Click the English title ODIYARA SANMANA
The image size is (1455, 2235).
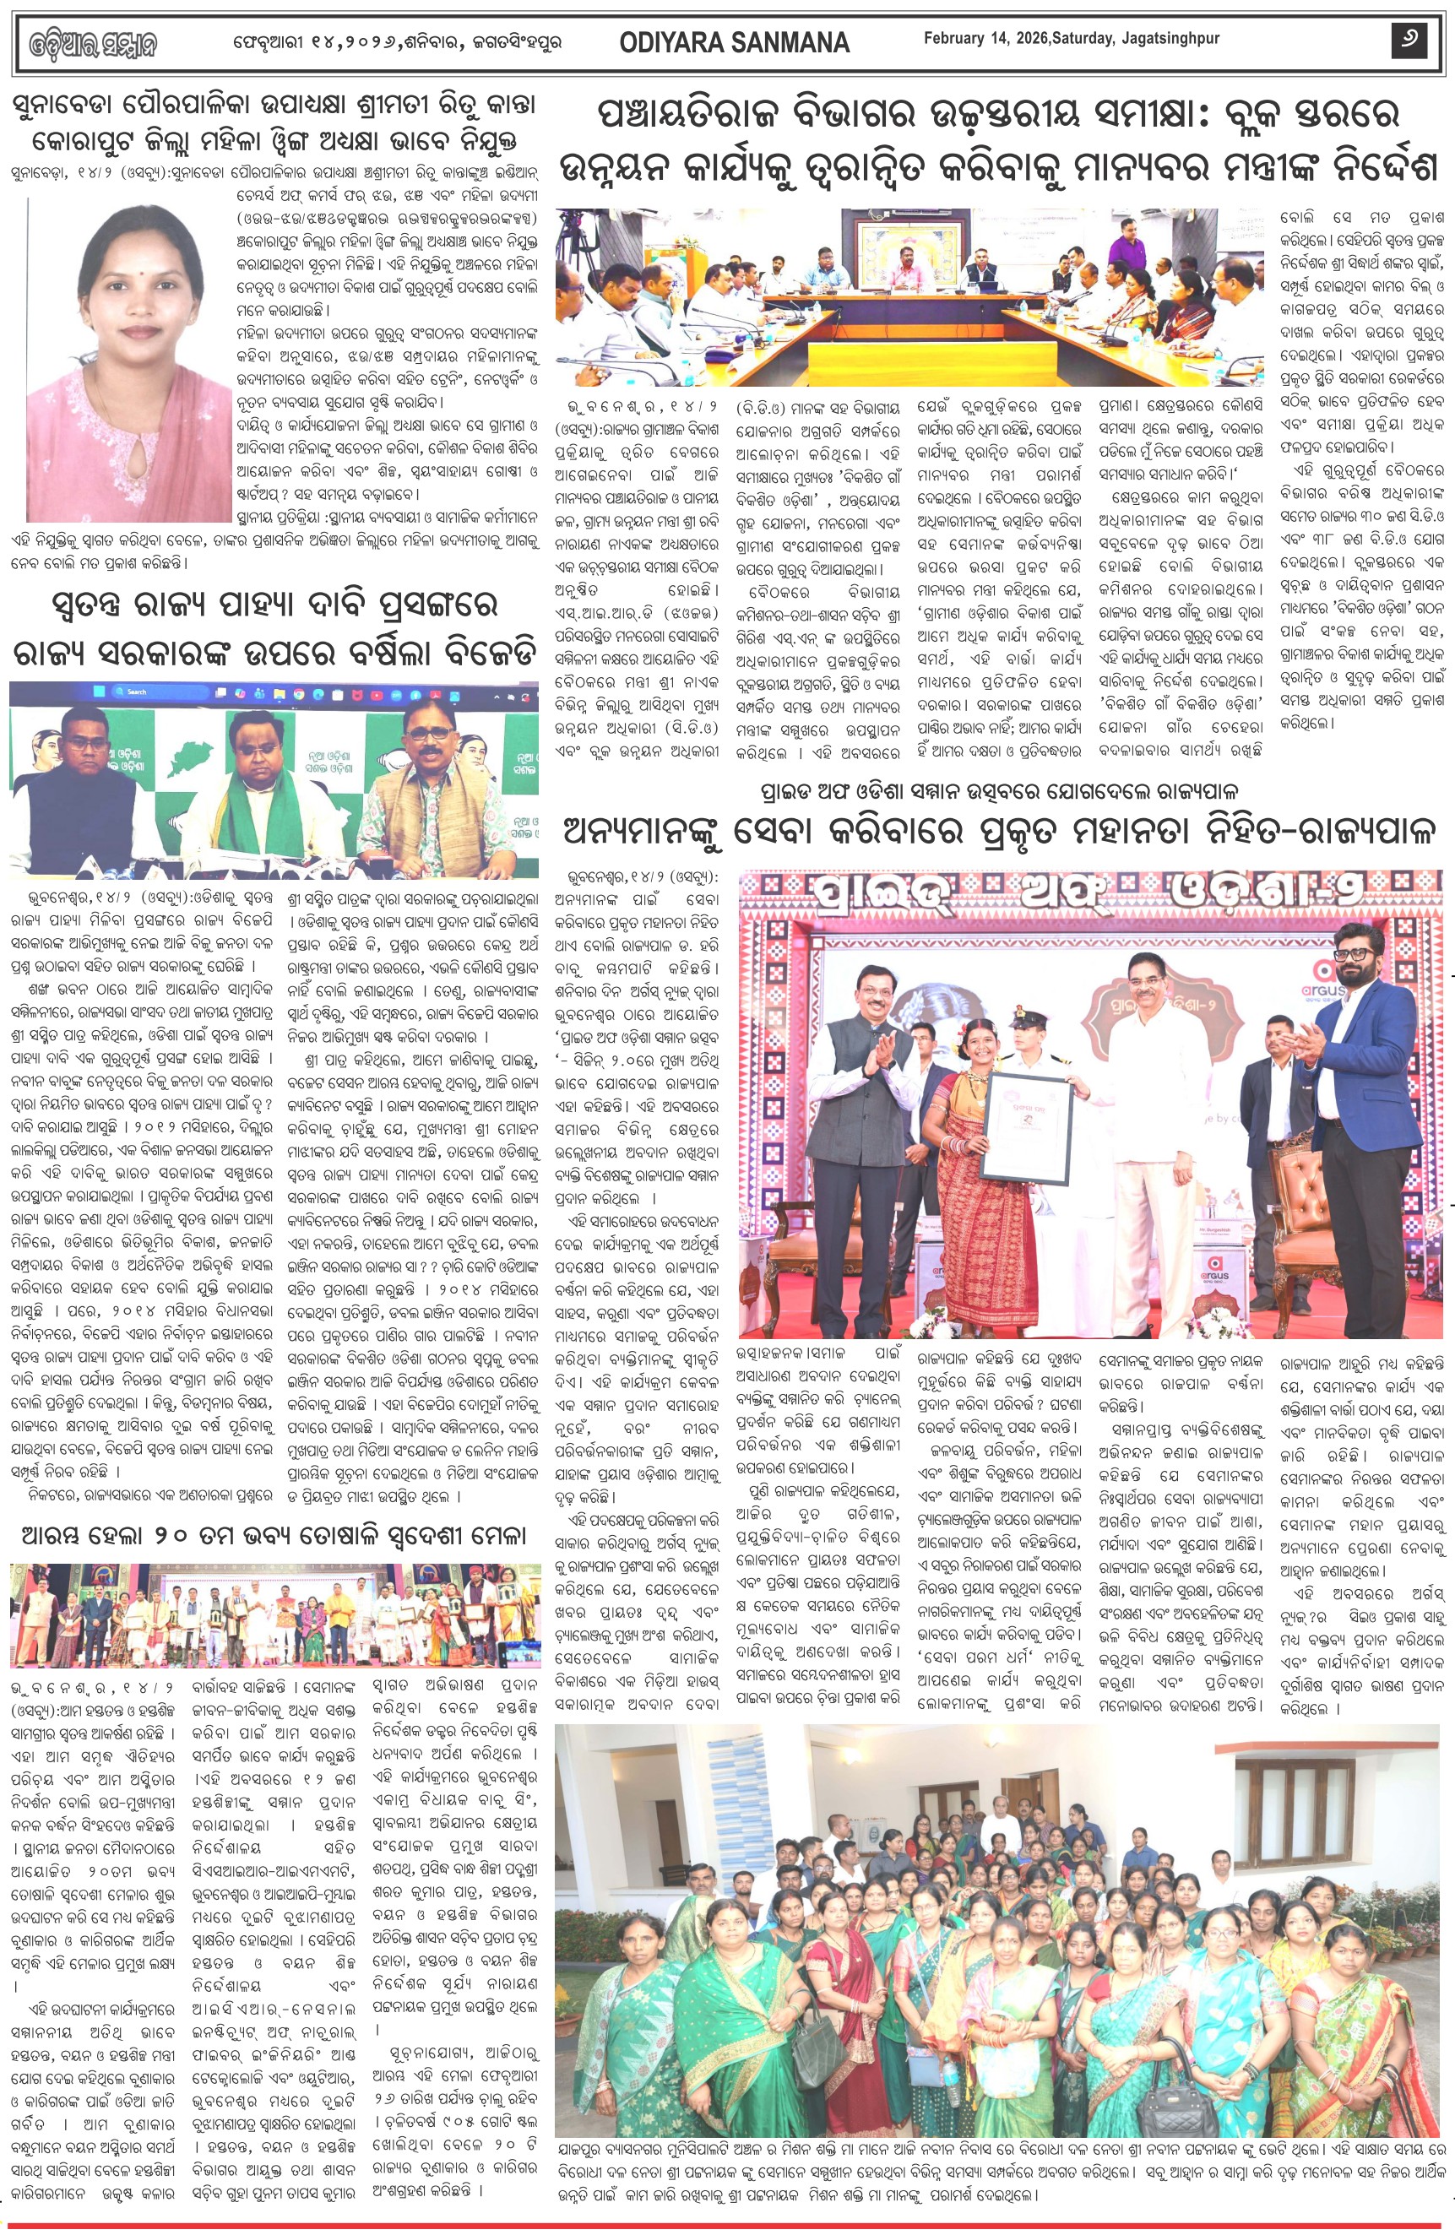[x=734, y=42]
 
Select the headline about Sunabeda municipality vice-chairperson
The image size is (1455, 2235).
[x=274, y=124]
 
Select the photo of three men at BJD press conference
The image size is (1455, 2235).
[x=274, y=778]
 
